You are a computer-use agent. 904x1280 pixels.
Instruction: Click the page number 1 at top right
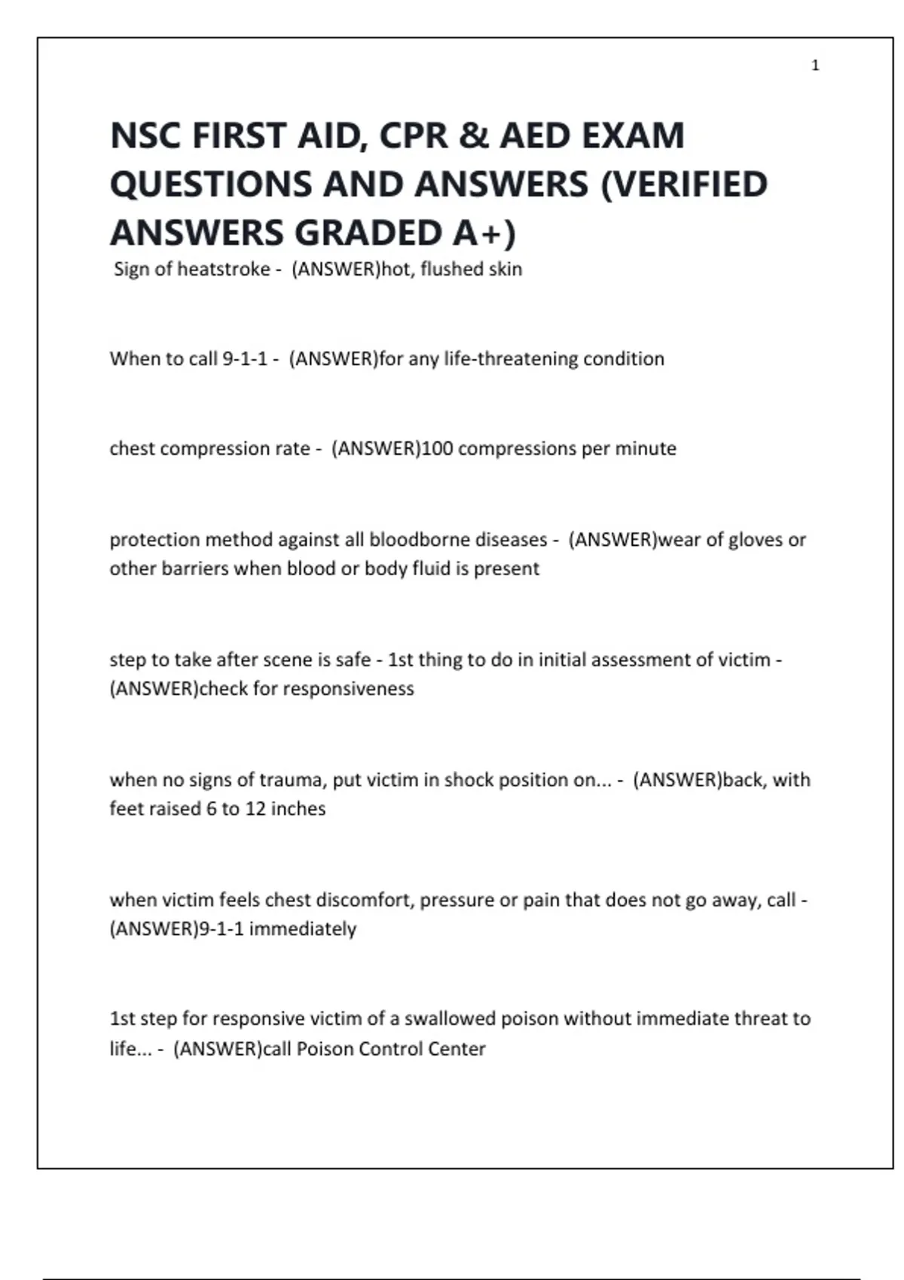815,66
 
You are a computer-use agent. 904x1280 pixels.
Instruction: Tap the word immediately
303,928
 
